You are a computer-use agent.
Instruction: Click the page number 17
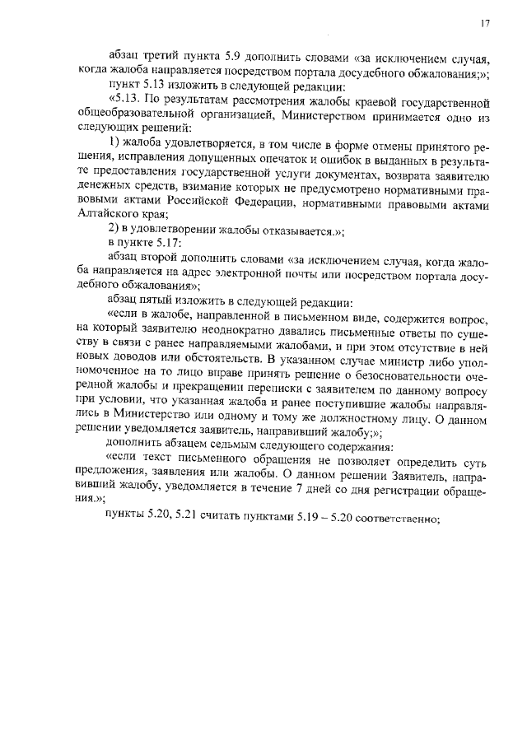(485, 23)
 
